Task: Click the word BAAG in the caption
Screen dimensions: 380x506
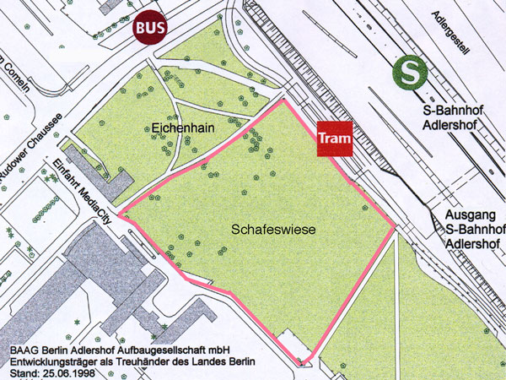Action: click(23, 347)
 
